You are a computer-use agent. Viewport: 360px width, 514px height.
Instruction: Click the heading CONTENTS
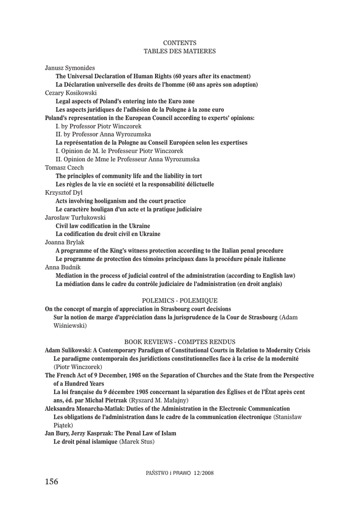(x=180, y=43)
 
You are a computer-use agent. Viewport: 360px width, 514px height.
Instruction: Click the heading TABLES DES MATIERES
(x=180, y=51)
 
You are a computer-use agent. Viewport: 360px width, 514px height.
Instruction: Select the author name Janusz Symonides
(x=70, y=68)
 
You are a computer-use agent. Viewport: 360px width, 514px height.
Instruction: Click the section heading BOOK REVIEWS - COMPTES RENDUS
(x=180, y=341)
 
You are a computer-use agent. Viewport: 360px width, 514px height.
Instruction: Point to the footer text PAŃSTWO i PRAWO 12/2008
(x=180, y=473)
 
